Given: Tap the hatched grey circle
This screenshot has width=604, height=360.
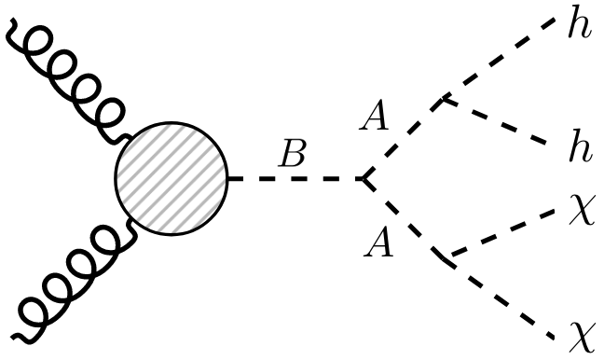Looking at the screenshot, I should pyautogui.click(x=172, y=178).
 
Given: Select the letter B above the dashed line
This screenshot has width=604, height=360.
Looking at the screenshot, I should pyautogui.click(x=294, y=155).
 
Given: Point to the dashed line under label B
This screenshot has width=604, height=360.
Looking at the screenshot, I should pyautogui.click(x=295, y=178).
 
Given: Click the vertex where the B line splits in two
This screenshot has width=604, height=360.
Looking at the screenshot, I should pyautogui.click(x=363, y=178).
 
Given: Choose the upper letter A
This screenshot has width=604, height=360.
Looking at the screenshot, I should pyautogui.click(x=377, y=119).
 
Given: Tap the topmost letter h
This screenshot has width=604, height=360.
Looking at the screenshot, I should pyautogui.click(x=579, y=22).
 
